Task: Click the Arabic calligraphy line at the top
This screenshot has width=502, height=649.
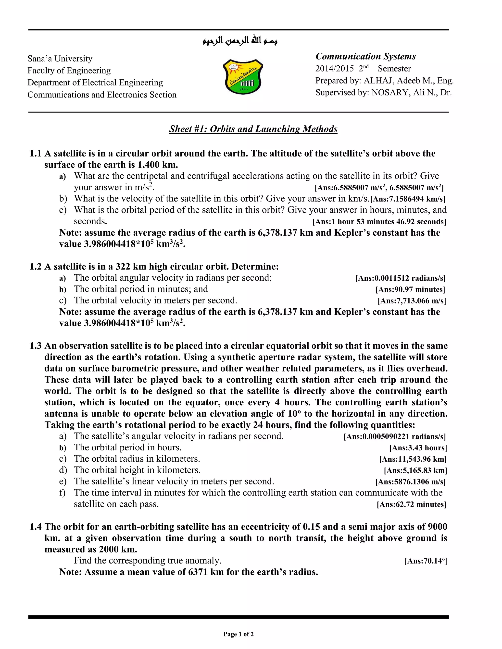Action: tap(240, 41)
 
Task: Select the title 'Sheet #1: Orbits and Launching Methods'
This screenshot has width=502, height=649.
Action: tap(253, 129)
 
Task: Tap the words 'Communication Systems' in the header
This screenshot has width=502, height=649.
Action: tap(365, 57)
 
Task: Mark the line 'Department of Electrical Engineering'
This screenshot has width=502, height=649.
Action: tap(95, 83)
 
